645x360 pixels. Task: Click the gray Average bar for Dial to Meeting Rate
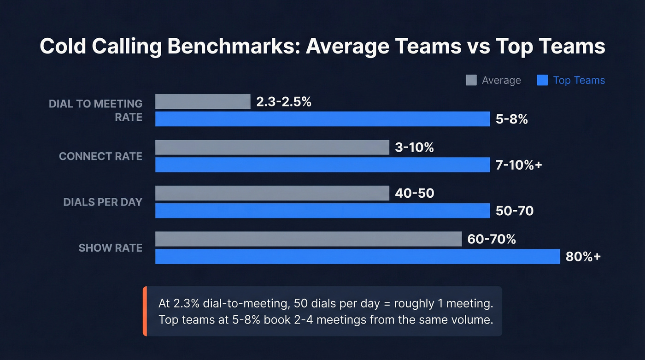click(203, 101)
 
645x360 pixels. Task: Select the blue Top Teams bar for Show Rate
click(357, 257)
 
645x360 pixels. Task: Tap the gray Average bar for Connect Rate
click(272, 148)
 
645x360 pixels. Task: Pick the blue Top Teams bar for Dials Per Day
click(322, 211)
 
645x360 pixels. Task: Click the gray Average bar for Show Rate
click(308, 239)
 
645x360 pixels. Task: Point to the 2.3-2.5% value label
click(284, 102)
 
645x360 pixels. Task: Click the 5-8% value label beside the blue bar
click(512, 119)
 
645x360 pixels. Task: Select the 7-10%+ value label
click(519, 165)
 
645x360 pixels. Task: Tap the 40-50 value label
click(415, 193)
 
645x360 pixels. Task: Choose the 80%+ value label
click(583, 257)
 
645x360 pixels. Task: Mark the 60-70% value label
click(492, 239)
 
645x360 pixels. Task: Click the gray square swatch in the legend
click(471, 80)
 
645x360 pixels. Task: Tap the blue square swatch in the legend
click(542, 80)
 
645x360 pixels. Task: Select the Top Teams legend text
click(579, 80)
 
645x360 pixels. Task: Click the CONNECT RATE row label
click(100, 157)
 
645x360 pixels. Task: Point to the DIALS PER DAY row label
click(103, 202)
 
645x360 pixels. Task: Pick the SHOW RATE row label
click(110, 248)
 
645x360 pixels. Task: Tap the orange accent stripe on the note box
click(145, 311)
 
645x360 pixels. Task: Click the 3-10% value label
click(415, 148)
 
